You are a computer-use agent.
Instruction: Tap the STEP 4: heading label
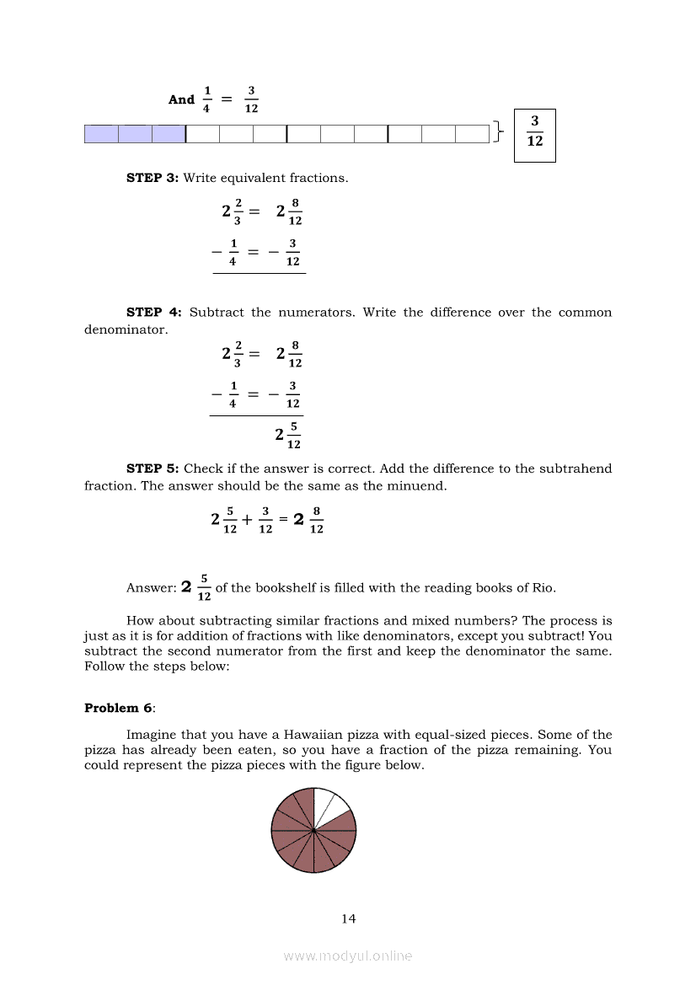point(154,313)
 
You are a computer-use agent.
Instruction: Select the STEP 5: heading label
point(153,468)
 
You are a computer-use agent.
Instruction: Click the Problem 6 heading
point(112,708)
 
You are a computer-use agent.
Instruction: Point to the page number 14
point(349,918)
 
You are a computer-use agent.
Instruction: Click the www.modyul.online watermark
point(348,956)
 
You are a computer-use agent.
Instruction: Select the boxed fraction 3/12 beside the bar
point(535,132)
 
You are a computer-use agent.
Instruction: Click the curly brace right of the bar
point(500,132)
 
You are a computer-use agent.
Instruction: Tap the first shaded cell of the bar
point(101,133)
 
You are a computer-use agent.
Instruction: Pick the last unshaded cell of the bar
point(472,133)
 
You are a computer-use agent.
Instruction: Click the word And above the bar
point(181,99)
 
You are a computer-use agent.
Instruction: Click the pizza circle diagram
point(313,831)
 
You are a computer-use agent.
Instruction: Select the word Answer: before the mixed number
point(151,588)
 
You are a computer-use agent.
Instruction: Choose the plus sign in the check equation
point(247,520)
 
